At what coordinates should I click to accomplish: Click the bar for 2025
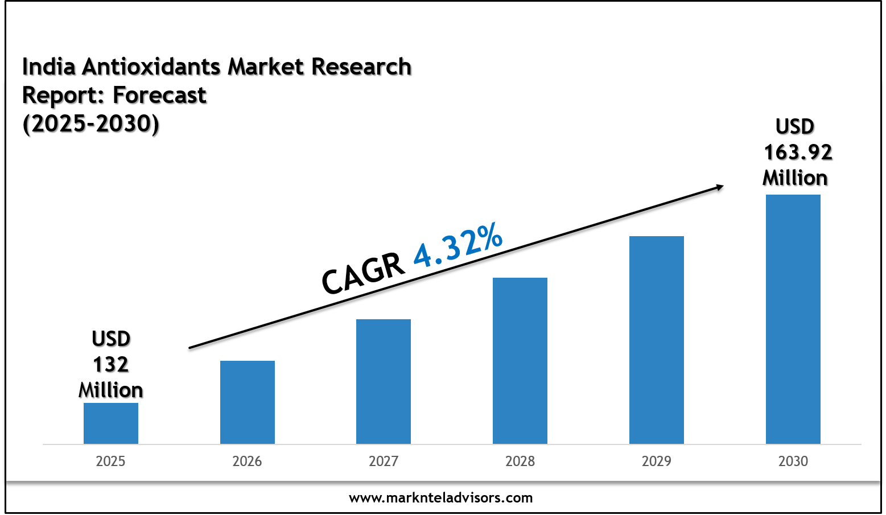click(111, 423)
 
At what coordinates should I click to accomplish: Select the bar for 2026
click(248, 402)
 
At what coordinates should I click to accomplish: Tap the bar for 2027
click(384, 381)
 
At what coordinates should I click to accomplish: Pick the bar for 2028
click(520, 361)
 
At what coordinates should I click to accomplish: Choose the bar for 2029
click(657, 340)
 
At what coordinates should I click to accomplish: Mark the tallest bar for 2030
click(793, 319)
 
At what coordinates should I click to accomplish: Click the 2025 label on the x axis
click(110, 461)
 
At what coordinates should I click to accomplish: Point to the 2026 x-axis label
click(247, 461)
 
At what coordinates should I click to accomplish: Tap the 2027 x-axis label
click(384, 461)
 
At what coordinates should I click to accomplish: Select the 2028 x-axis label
click(520, 461)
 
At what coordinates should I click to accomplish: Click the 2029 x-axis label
click(657, 461)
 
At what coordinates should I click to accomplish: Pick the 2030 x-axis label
click(793, 461)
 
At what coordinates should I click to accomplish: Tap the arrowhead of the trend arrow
click(719, 187)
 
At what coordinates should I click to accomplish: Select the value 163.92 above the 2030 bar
click(798, 153)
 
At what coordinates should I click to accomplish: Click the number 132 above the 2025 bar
click(111, 364)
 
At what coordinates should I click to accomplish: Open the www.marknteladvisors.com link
click(441, 498)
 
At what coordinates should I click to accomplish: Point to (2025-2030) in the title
click(91, 123)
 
